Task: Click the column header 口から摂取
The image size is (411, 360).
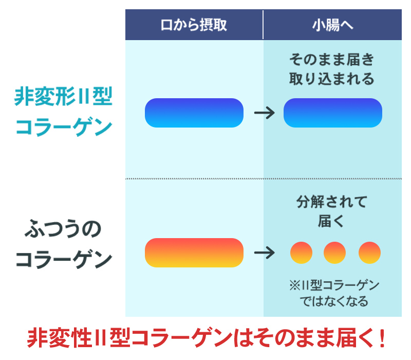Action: (x=194, y=25)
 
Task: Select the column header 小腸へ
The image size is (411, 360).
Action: (x=332, y=25)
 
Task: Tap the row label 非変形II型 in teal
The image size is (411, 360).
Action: (x=63, y=97)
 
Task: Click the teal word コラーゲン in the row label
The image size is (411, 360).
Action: (x=63, y=127)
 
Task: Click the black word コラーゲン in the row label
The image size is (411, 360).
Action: (x=63, y=260)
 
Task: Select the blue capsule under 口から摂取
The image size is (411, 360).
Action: (x=194, y=113)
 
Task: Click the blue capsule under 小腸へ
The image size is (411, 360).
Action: (x=332, y=113)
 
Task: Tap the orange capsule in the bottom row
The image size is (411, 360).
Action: (x=194, y=253)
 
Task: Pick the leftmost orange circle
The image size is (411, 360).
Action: (x=301, y=253)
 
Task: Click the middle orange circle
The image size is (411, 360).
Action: (x=334, y=253)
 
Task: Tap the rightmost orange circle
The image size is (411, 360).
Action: (x=369, y=253)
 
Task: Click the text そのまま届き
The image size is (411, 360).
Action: (x=332, y=59)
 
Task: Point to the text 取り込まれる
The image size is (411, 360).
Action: (x=332, y=79)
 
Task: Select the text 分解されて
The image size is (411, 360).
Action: (x=332, y=202)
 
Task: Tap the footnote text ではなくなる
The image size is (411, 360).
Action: (x=334, y=301)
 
